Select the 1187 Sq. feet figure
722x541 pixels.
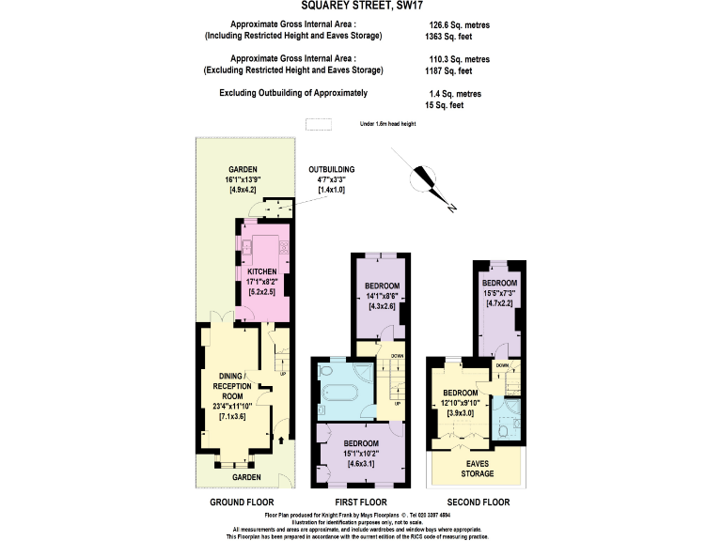449,70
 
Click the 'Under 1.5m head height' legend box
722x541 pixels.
320,124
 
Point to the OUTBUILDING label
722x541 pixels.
333,170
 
